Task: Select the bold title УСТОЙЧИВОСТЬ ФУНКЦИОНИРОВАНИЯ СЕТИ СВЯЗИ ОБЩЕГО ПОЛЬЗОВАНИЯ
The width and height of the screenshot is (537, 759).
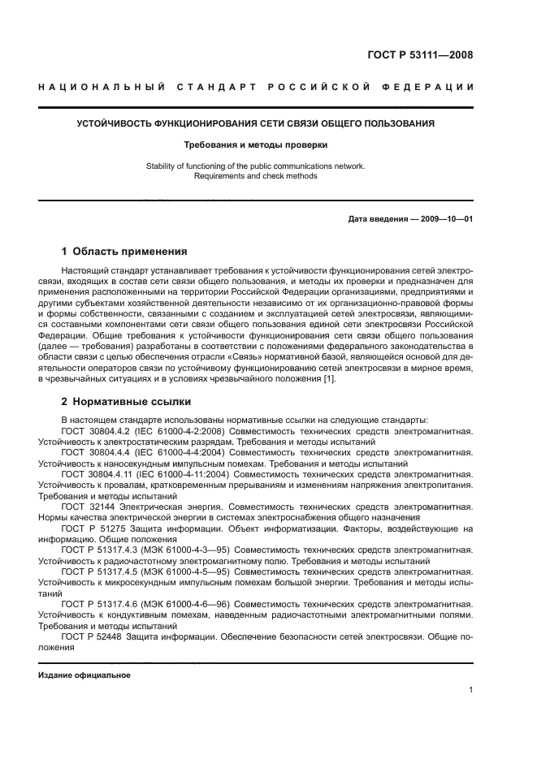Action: [x=255, y=123]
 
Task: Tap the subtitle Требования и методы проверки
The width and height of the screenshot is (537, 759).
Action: [x=255, y=145]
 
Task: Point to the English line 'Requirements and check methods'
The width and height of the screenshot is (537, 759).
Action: [x=255, y=176]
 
